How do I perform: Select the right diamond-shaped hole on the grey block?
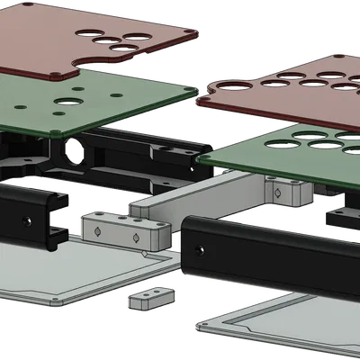tap(135, 238)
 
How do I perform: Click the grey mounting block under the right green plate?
tap(286, 189)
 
